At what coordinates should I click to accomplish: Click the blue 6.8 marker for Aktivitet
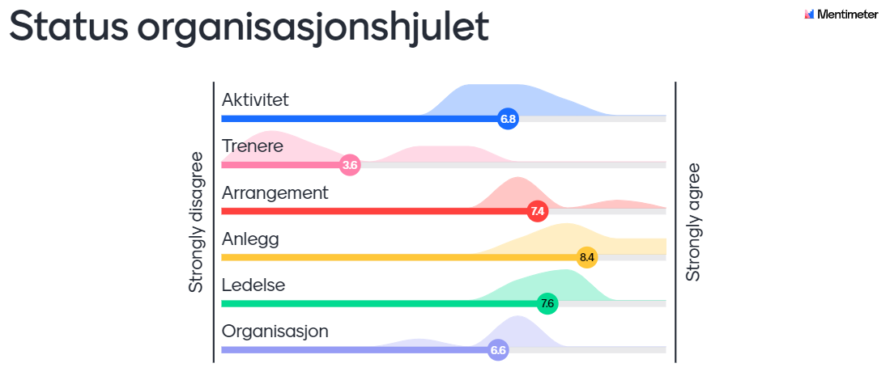tap(508, 119)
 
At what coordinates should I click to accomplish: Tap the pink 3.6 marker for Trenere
tap(350, 166)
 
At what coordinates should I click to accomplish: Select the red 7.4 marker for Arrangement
tap(536, 212)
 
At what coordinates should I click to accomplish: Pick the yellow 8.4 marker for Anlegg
tap(587, 257)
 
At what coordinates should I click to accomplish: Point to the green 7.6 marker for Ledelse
tap(547, 303)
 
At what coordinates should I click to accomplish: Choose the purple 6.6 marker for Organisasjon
tap(498, 350)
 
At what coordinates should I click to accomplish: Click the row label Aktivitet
tap(255, 99)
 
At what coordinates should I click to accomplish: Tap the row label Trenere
tap(253, 146)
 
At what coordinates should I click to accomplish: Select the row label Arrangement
tap(275, 193)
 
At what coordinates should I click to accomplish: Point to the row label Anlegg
tap(250, 240)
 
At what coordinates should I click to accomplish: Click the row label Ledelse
tap(253, 285)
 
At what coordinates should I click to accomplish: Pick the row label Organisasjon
tap(275, 332)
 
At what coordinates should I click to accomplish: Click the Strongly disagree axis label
tap(196, 222)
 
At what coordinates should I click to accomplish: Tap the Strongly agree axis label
tap(693, 222)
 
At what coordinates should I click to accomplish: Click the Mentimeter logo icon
tap(809, 15)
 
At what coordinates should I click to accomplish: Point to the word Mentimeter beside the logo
tap(848, 15)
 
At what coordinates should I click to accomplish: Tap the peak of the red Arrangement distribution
tap(517, 178)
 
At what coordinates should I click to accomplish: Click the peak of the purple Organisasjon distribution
tap(517, 316)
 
